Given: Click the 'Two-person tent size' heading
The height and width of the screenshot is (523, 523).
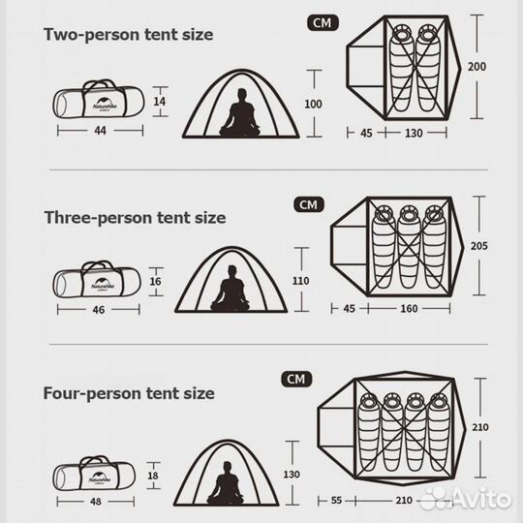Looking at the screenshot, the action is pos(129,35).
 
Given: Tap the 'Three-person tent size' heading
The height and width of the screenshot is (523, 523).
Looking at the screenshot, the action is pos(135,218).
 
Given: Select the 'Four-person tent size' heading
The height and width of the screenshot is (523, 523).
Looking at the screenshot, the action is pos(129,393).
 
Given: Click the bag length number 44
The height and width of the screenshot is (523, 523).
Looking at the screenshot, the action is pos(101,131).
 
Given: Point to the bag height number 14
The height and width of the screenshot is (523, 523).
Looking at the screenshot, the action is pos(160,102).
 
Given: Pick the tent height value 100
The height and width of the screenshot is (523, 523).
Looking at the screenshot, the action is pos(313,104).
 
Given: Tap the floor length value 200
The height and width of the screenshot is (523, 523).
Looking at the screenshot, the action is pos(477,67).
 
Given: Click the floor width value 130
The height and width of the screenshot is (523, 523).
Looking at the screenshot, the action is pos(414,133).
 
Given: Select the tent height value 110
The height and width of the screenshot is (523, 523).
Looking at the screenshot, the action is pos(300,281).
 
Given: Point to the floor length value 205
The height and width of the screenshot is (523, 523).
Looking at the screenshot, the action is pos(479,246).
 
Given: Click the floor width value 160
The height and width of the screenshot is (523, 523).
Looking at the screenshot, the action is pos(409,309).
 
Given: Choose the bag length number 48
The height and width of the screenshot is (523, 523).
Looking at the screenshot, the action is pos(96,502).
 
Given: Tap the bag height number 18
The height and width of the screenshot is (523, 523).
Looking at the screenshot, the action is pos(153,476).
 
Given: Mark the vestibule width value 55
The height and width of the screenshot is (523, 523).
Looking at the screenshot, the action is pos(336,501).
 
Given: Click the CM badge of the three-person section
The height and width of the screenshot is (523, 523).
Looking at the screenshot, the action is pos(309,204).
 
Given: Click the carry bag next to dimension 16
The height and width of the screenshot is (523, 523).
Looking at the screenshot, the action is pos(97,280).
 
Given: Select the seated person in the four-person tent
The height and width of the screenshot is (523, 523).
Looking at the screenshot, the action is pos(225,483).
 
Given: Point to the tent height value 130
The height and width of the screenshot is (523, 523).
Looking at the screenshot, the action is pos(292,475).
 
